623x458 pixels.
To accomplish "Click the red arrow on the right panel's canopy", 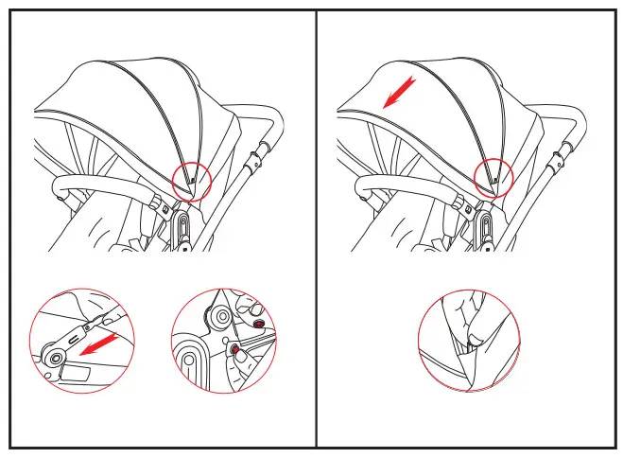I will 400,94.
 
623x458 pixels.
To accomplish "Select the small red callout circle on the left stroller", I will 193,178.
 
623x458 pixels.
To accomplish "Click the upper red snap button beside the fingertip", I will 257,323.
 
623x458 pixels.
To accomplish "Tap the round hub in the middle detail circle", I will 223,316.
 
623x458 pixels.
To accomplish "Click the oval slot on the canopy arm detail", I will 75,336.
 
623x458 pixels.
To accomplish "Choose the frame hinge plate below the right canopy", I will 485,227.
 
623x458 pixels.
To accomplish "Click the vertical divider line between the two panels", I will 316,227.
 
